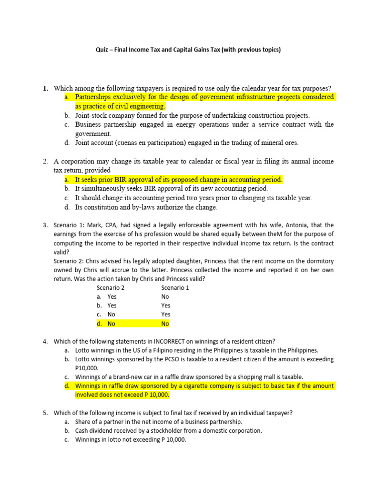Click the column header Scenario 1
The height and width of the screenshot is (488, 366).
(175, 288)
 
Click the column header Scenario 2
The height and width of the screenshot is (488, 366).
(111, 288)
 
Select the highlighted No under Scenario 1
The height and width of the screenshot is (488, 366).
(165, 324)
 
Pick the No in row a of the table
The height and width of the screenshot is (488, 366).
(165, 296)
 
